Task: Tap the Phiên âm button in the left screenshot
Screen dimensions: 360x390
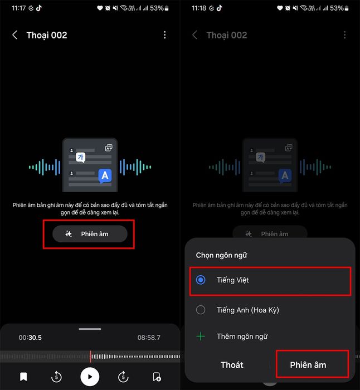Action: click(90, 234)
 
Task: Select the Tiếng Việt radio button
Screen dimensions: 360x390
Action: click(201, 280)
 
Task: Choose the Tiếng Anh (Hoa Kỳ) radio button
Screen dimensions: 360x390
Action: click(201, 310)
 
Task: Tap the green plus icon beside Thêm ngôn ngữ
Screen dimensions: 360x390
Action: click(201, 337)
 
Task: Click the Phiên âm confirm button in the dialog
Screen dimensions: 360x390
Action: click(308, 365)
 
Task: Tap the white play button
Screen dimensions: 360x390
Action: click(90, 377)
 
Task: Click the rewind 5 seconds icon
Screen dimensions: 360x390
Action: click(56, 377)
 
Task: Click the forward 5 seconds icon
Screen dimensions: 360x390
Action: click(123, 377)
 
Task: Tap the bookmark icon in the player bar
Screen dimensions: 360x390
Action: click(23, 377)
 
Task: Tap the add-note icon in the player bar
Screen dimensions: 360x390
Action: click(157, 377)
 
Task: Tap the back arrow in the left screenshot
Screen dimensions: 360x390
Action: click(14, 35)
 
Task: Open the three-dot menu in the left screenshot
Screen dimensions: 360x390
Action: click(165, 35)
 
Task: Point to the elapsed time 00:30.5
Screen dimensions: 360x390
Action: click(30, 338)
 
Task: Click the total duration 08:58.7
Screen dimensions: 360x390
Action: click(149, 338)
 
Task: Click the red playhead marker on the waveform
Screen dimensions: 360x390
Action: click(90, 357)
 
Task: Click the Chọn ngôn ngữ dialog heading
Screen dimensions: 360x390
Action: click(221, 255)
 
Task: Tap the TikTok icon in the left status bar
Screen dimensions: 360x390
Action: click(39, 8)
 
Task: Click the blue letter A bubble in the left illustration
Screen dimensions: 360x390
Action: click(105, 175)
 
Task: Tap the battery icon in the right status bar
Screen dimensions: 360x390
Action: click(347, 8)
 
